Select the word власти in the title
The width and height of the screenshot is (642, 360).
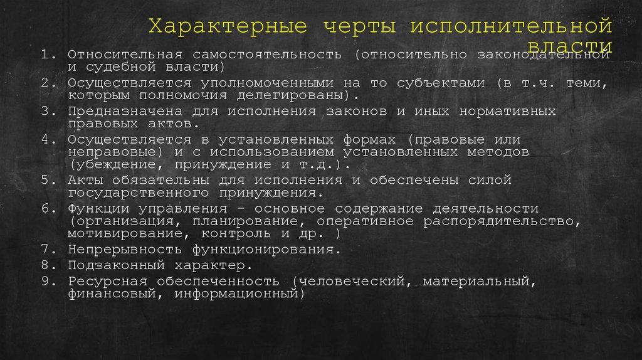pos(570,47)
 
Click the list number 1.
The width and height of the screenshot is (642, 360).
pos(46,54)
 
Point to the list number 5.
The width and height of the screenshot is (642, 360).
pos(46,180)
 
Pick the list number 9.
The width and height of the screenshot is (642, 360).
pos(46,280)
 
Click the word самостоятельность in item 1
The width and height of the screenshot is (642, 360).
pos(270,54)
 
